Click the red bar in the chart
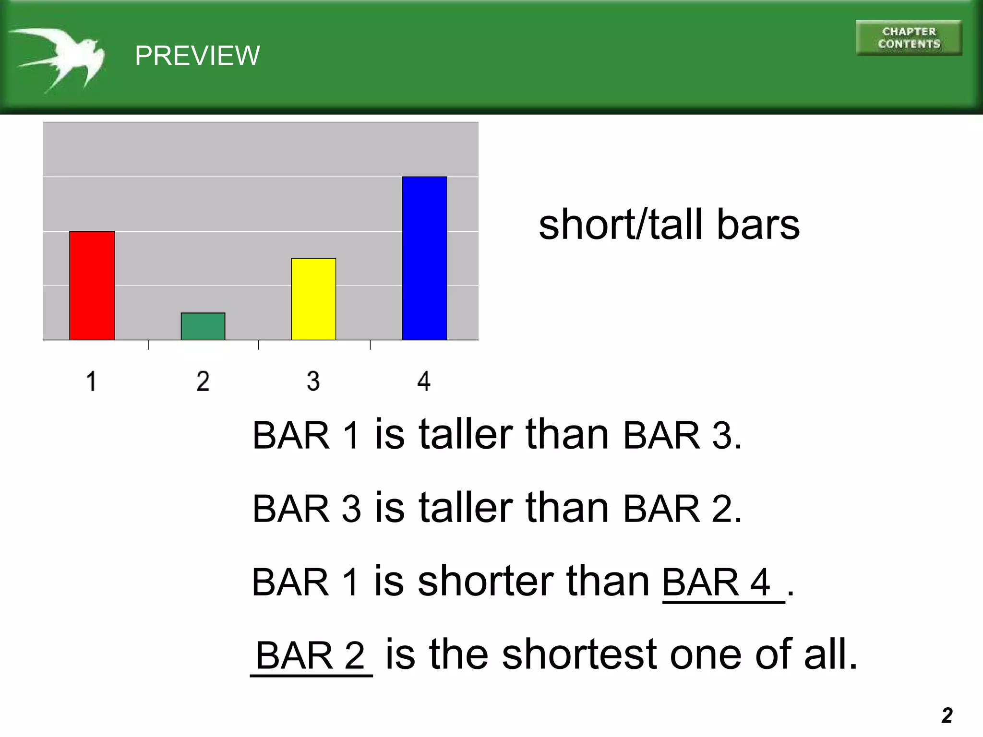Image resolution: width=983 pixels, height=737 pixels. [92, 285]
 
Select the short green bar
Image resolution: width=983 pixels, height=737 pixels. [203, 326]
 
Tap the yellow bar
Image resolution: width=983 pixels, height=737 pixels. [313, 299]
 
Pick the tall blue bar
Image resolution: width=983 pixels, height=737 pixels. [424, 258]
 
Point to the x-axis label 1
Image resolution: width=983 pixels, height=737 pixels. [91, 382]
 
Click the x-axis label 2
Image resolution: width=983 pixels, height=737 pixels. [203, 382]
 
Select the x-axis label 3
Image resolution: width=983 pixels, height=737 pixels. [313, 382]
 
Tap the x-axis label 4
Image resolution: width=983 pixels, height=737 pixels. [424, 382]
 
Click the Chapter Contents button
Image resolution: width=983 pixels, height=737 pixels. [909, 38]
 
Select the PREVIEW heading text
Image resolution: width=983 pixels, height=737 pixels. [197, 56]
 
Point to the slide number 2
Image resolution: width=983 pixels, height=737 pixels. [947, 715]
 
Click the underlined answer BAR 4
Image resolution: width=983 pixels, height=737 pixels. [716, 582]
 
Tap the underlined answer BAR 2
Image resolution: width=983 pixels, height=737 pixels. [311, 655]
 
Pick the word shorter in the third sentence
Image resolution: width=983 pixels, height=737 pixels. [485, 581]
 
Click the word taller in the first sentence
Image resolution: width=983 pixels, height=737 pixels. [466, 434]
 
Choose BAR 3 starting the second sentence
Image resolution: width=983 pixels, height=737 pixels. [306, 509]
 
